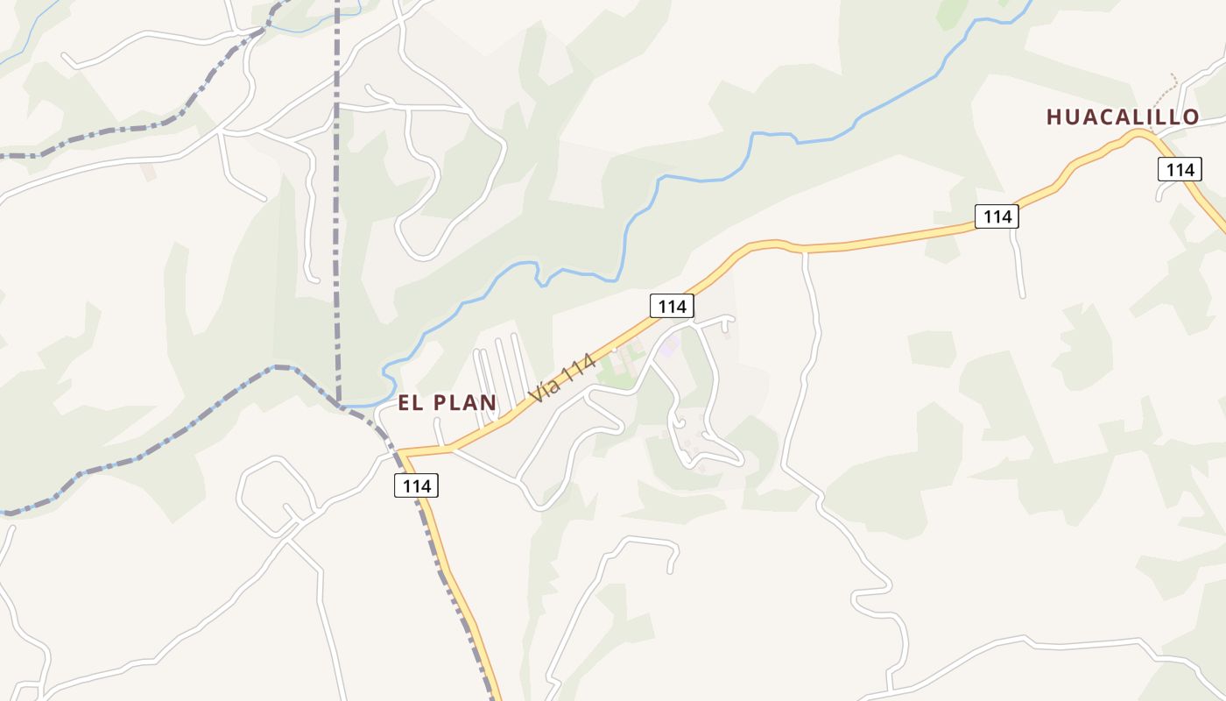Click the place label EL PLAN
(x=447, y=403)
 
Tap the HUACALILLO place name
(x=1122, y=117)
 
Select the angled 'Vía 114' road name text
(x=563, y=379)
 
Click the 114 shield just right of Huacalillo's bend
(x=1179, y=169)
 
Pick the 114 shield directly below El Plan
(x=416, y=485)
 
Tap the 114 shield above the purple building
(x=672, y=306)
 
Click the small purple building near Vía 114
(x=670, y=347)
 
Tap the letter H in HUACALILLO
(x=1054, y=117)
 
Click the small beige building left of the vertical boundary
(x=149, y=171)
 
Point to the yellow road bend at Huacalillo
(x=1138, y=133)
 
